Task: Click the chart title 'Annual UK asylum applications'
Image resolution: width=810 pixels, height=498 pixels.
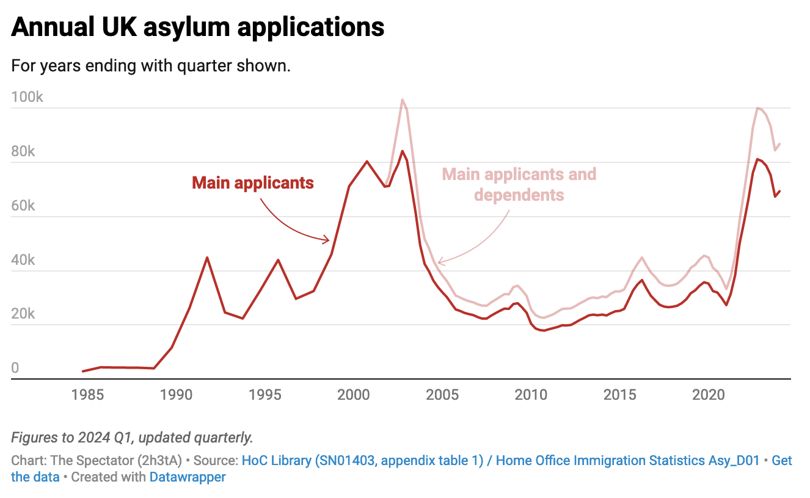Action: (x=197, y=27)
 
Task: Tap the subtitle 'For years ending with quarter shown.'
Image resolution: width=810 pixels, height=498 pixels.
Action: (x=150, y=65)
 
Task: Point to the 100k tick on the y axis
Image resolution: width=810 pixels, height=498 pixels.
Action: (x=27, y=98)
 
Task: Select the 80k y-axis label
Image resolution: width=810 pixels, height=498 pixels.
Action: (x=24, y=152)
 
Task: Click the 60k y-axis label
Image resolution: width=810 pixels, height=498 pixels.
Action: (x=24, y=206)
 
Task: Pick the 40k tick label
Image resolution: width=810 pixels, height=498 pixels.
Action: (x=24, y=261)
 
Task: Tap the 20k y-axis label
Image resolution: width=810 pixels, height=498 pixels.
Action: (x=24, y=314)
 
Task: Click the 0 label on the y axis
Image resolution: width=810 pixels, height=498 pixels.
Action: (x=15, y=368)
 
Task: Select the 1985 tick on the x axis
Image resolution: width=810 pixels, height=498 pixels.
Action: (x=87, y=395)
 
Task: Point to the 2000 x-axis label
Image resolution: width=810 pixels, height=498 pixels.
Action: (x=354, y=395)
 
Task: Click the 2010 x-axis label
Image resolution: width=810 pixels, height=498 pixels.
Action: (x=531, y=395)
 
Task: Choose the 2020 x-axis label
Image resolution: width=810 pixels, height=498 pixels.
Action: (x=709, y=395)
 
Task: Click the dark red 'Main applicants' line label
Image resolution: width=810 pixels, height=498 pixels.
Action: (x=253, y=182)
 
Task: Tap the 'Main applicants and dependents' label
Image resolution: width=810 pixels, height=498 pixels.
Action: (x=519, y=184)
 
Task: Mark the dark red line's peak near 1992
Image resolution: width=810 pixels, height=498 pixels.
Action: (x=207, y=258)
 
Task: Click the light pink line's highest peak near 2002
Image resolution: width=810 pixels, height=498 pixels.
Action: (x=403, y=99)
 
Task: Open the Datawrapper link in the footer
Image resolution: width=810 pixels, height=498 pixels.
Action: (x=188, y=477)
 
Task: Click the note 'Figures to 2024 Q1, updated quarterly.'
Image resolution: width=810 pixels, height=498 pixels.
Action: (x=132, y=438)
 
